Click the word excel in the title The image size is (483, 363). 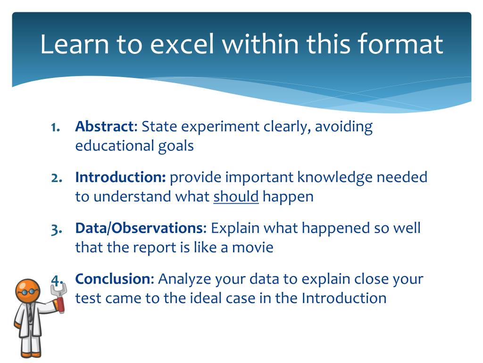tap(182, 44)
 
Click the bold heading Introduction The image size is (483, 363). tap(120, 177)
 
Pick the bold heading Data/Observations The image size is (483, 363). tap(140, 228)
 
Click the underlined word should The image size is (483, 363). tap(236, 197)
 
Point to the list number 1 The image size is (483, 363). tap(56, 127)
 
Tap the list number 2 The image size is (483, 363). tap(57, 178)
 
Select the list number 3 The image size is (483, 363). tap(57, 229)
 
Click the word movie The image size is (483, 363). tap(253, 248)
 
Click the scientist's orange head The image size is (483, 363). tap(28, 291)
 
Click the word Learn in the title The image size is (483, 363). tap(75, 44)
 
